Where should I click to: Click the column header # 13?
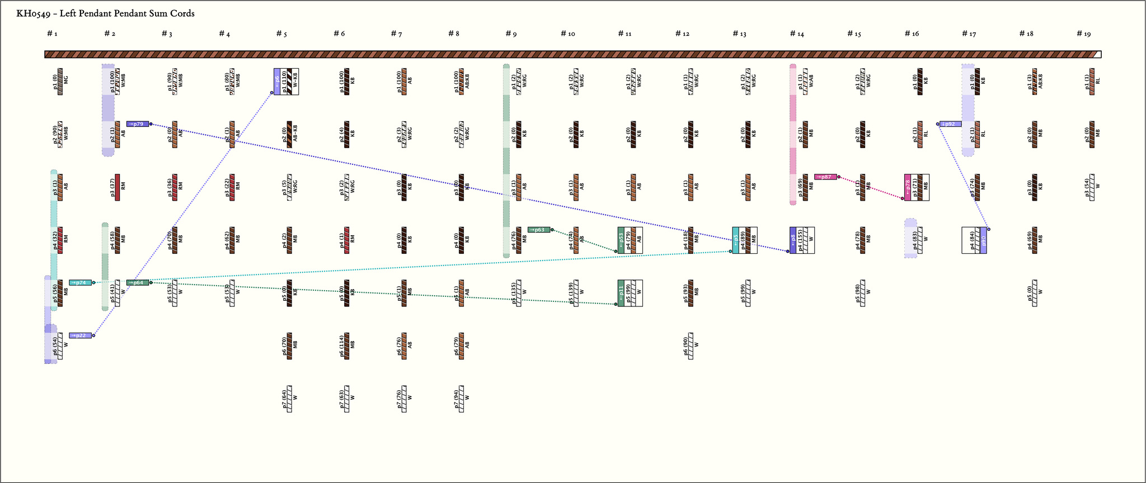(x=739, y=34)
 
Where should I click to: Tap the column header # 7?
(x=396, y=34)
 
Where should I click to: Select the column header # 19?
(x=1083, y=34)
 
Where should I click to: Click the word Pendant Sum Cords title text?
(x=151, y=13)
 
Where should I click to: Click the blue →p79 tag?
(x=138, y=124)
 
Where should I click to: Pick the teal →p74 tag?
(x=81, y=283)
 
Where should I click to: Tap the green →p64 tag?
(x=138, y=283)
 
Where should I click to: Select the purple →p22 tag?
(x=80, y=335)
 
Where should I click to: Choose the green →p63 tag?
(x=539, y=230)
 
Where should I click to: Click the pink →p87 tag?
(x=825, y=177)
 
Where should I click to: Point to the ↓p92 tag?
(x=950, y=124)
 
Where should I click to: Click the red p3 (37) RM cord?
(x=118, y=187)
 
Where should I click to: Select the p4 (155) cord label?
(x=800, y=240)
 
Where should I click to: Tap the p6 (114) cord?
(x=347, y=346)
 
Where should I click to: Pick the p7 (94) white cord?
(x=462, y=399)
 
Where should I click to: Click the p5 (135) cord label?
(x=513, y=293)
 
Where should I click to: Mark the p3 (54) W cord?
(x=1092, y=187)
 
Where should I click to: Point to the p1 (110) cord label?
(x=284, y=82)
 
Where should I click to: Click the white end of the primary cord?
(x=1097, y=54)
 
